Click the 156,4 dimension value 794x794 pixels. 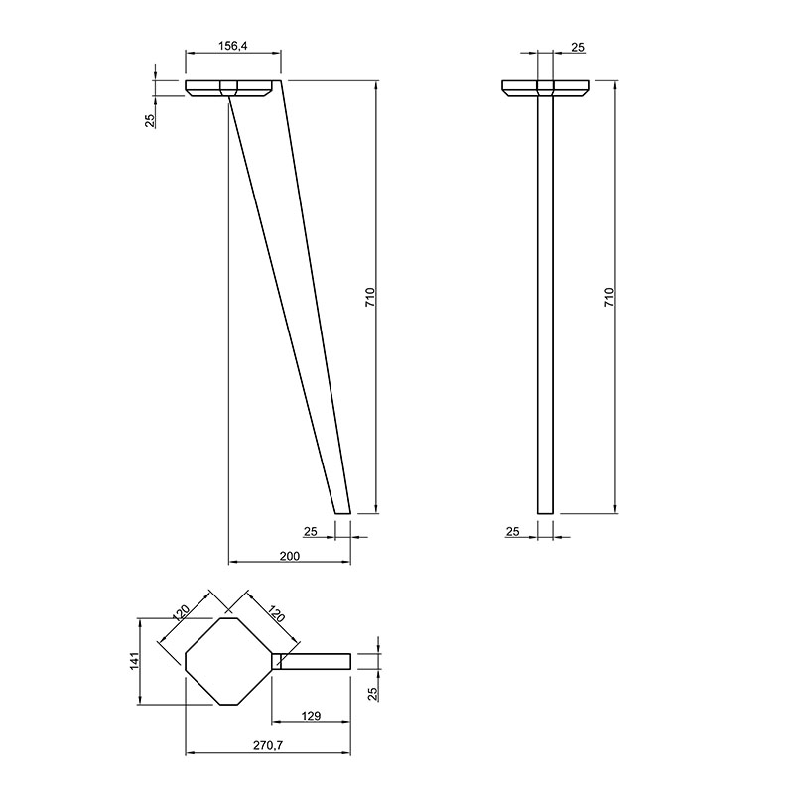pos(232,46)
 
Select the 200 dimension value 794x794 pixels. pos(290,556)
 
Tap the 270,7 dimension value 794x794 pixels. pos(268,745)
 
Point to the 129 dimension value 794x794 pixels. pos(311,716)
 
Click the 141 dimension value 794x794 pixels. pos(134,661)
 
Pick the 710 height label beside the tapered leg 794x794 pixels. pos(370,297)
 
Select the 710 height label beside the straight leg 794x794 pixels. pos(609,297)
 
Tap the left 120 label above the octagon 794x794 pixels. pos(181,613)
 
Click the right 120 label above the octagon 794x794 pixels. pos(277,613)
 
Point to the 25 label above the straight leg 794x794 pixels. pos(578,47)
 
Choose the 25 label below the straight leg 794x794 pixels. pos(512,531)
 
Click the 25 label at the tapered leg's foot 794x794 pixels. pos(310,531)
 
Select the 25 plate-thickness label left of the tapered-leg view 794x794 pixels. pos(150,120)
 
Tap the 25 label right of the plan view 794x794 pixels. pos(373,693)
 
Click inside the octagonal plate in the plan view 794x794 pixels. pos(229,661)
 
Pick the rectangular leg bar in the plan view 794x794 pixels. pos(312,661)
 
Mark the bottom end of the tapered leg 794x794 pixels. pos(342,513)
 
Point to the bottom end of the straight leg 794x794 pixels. pos(545,513)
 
